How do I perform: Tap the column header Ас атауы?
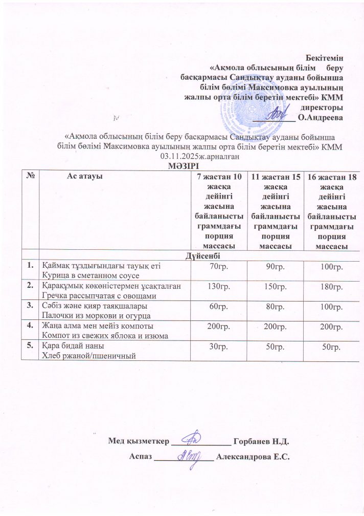(85, 176)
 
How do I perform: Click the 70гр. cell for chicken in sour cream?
(217, 267)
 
